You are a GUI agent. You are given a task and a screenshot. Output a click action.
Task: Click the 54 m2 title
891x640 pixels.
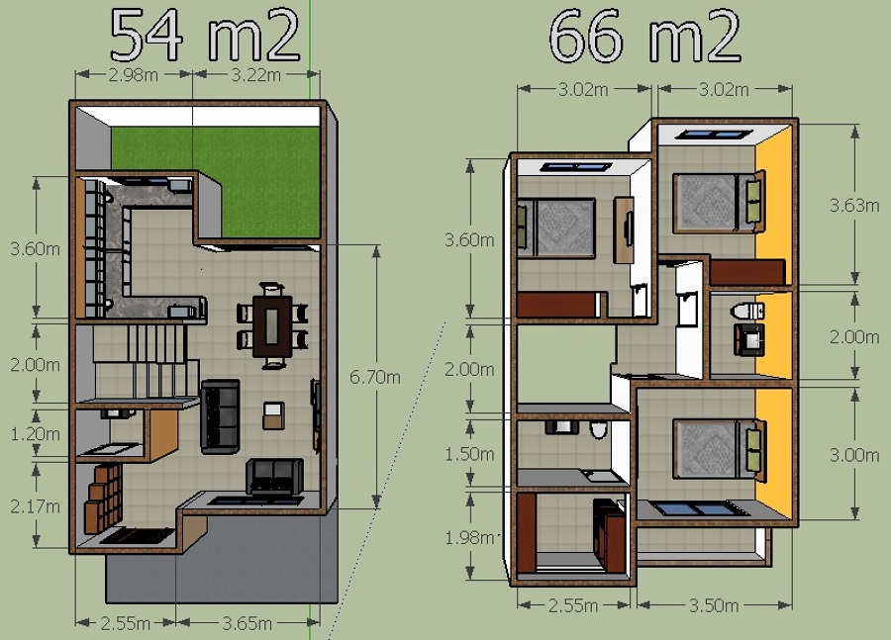pos(205,36)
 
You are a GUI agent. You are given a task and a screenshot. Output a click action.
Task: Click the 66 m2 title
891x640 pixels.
pos(644,36)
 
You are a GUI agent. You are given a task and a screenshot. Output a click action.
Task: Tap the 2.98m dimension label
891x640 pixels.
pos(133,74)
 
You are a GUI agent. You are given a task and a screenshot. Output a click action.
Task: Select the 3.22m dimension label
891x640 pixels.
pos(255,74)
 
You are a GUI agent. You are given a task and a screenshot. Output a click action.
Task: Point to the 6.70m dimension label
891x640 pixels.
pos(374,377)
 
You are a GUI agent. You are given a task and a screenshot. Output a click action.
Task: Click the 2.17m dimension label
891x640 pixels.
pos(35,506)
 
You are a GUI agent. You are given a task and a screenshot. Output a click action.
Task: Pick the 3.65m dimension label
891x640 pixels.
pos(247,623)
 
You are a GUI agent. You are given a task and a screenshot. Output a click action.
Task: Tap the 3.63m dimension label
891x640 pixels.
pos(854,205)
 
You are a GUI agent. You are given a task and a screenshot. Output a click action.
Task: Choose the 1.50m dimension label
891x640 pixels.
pos(469,454)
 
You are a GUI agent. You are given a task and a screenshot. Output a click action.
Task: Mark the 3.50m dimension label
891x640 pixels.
pos(714,605)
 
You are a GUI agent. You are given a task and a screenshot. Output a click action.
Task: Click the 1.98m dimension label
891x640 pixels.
pos(469,537)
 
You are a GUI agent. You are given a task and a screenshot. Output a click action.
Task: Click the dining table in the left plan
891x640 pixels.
pos(272,325)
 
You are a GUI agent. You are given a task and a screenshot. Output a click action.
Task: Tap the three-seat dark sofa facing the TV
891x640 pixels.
pos(220,416)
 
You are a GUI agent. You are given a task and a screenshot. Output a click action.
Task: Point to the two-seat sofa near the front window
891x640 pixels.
pos(274,476)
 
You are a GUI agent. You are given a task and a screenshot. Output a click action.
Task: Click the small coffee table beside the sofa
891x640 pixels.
pos(273,415)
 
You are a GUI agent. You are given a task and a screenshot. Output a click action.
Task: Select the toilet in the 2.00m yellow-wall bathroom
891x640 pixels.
pos(747,312)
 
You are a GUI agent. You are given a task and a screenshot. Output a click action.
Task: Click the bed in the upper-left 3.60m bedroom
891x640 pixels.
pos(555,228)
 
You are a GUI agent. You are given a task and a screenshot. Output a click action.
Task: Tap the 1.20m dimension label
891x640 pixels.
pos(35,434)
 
